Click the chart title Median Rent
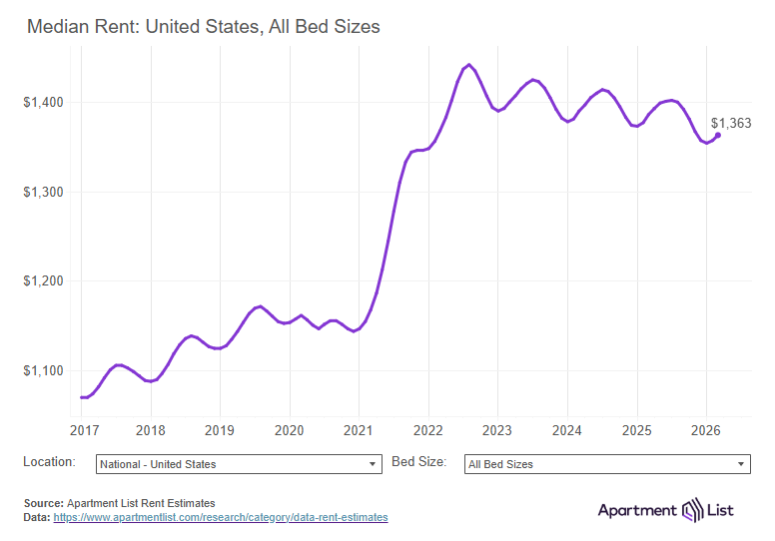[203, 27]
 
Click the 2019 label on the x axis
[220, 429]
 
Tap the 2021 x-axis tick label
[359, 429]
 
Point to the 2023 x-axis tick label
[497, 429]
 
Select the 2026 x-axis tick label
[706, 429]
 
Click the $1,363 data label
[731, 124]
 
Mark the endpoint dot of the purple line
[718, 136]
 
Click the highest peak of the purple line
[468, 65]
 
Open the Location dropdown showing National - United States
[239, 464]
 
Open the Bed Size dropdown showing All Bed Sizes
[607, 464]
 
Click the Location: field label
[49, 462]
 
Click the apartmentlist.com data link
[220, 518]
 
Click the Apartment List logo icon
[693, 510]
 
